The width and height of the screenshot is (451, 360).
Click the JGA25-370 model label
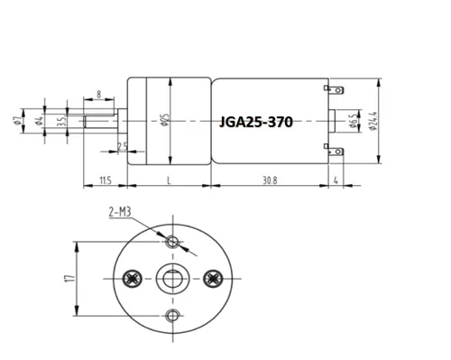[x=256, y=122]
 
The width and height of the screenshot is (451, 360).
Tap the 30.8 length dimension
[x=270, y=180]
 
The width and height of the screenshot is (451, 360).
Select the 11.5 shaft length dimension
[x=106, y=180]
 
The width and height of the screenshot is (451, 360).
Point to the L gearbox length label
[x=169, y=180]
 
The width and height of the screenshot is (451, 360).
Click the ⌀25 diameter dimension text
[x=165, y=120]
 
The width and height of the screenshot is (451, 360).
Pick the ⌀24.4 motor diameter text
[x=373, y=121]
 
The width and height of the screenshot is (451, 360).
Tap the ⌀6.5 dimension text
[x=354, y=121]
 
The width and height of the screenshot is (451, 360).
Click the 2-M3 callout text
[x=120, y=212]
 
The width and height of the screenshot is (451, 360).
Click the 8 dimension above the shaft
[x=99, y=95]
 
